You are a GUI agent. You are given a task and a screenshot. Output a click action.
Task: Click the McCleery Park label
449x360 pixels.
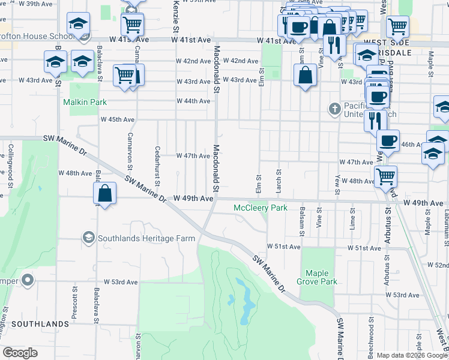point(261,208)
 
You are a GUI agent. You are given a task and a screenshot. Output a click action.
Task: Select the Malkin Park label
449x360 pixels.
point(85,102)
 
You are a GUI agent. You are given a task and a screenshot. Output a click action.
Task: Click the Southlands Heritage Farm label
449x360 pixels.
point(147,238)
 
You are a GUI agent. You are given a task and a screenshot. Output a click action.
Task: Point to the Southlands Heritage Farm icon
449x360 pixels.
point(88,238)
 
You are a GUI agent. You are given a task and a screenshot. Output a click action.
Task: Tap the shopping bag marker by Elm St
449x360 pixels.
point(306,76)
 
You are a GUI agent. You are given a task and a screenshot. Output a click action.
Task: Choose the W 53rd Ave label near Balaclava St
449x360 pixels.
point(121,281)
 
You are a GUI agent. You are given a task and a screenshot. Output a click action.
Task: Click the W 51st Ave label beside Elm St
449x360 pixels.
point(283,247)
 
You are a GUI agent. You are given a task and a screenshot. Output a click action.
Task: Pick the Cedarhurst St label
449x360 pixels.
point(158,166)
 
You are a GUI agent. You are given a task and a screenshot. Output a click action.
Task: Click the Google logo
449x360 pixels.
point(20,353)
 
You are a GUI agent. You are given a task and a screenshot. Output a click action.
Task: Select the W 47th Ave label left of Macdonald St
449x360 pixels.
point(193,155)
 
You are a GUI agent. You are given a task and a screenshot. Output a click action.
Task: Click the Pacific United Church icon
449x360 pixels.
point(334,109)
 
